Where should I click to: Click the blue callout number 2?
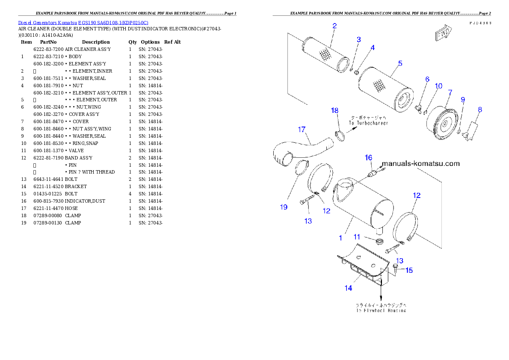pos(334,26)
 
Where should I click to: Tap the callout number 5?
pos(400,64)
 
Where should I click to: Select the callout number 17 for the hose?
pos(302,129)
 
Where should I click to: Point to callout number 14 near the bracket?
pos(348,288)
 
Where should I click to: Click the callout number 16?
pos(368,158)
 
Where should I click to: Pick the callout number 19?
pos(284,207)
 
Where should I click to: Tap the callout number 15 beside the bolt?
pos(409,270)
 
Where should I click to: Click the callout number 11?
pos(357,236)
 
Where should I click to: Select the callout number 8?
pos(479,109)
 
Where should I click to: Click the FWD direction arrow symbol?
pos(441,34)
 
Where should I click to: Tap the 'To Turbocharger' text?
pos(368,123)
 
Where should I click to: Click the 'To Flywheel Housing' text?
pos(381,310)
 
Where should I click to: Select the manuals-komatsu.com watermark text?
pos(420,163)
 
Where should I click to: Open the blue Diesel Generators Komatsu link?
pos(83,23)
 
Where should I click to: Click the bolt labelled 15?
pos(395,269)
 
